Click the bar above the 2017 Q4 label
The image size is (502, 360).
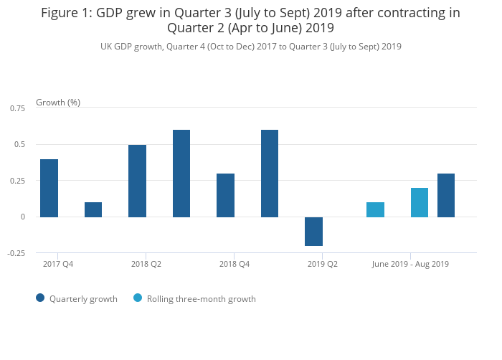[49, 188]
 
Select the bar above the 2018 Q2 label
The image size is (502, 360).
[137, 181]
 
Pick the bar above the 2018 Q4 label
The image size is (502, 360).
[225, 195]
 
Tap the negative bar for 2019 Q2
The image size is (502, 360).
[313, 231]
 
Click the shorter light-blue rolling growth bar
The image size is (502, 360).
[375, 209]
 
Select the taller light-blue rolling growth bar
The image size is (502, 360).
[420, 202]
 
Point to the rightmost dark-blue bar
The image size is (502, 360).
[446, 195]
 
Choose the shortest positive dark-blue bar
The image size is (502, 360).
[93, 209]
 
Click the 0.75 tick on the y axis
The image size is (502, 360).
[17, 108]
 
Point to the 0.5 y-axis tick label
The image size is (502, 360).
[20, 144]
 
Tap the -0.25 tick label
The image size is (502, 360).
[16, 253]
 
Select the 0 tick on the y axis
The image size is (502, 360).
[23, 217]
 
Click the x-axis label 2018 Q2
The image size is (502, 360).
[146, 264]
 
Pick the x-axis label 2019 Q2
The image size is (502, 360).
[323, 264]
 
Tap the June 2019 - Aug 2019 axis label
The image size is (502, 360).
[410, 264]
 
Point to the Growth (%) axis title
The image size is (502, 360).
[58, 103]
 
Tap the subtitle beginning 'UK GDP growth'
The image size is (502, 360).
[251, 47]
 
